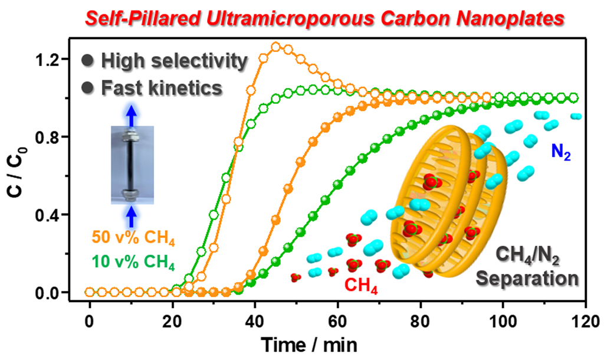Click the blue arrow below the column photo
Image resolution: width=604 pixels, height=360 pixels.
point(132,217)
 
